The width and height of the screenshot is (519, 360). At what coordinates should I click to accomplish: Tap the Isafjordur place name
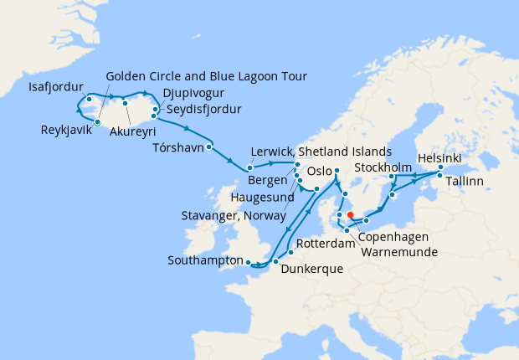(x=54, y=86)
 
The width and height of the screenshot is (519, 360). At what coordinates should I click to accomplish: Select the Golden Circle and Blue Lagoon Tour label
(x=206, y=76)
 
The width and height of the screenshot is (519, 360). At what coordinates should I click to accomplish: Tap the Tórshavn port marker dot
(x=208, y=147)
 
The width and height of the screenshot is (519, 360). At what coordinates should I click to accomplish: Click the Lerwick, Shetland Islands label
(x=321, y=152)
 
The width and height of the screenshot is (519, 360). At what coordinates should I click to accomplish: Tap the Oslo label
(x=321, y=171)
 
